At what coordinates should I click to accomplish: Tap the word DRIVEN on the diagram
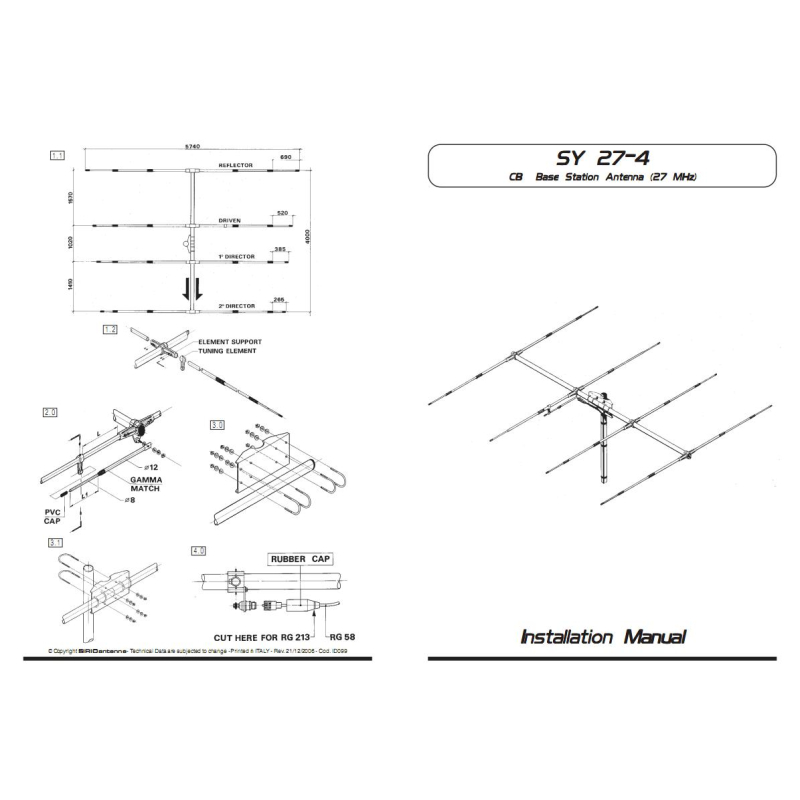pyautogui.click(x=231, y=219)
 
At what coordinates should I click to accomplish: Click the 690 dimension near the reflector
pyautogui.click(x=285, y=158)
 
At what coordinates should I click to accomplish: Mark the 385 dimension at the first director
pyautogui.click(x=280, y=248)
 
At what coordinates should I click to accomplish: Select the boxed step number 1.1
pyautogui.click(x=57, y=155)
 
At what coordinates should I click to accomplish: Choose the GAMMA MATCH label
pyautogui.click(x=146, y=484)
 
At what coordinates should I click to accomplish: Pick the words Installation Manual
pyautogui.click(x=603, y=636)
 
